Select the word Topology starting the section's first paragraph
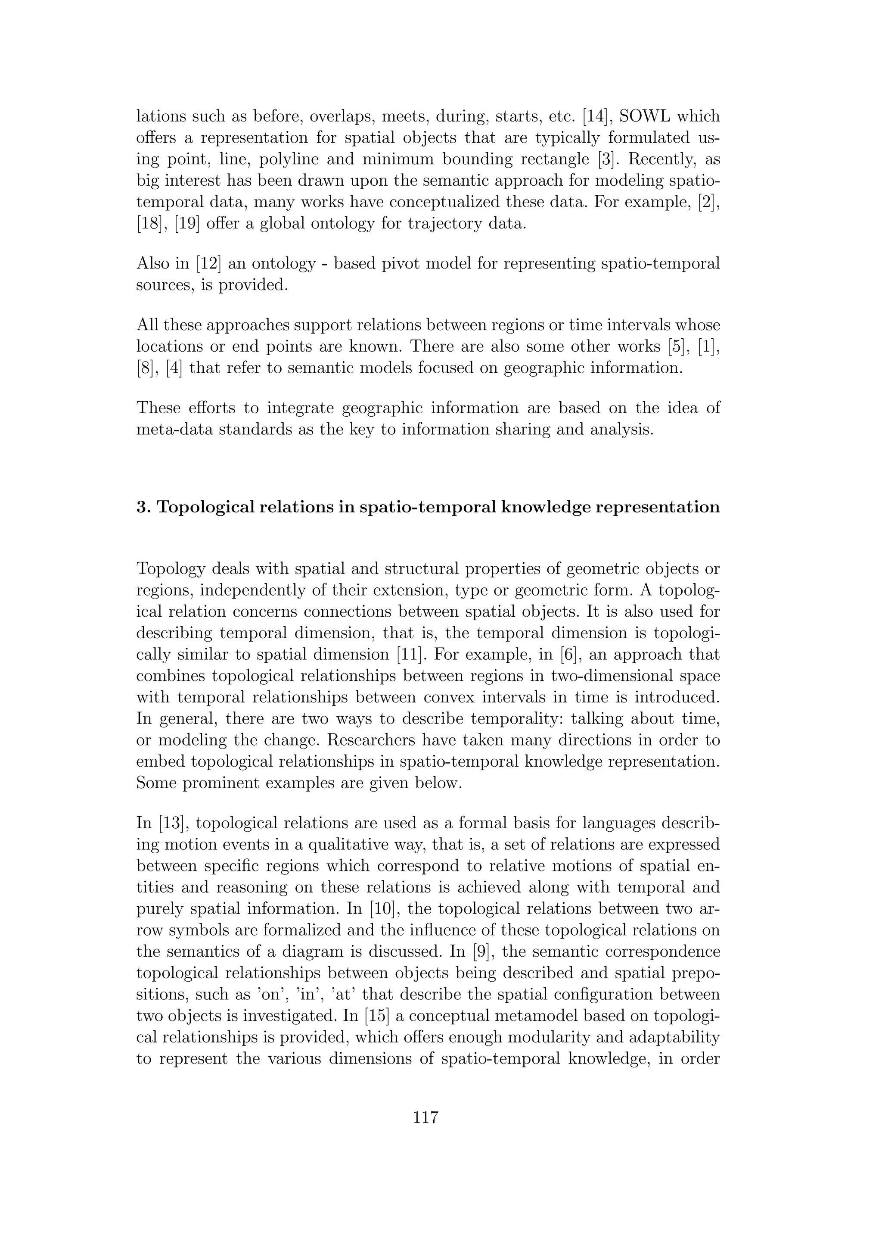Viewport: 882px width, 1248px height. [x=171, y=569]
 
